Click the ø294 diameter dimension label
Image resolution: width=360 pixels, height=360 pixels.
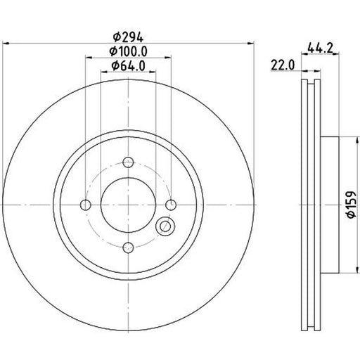pyautogui.click(x=128, y=37)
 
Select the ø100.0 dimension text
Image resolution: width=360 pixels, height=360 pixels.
pyautogui.click(x=128, y=51)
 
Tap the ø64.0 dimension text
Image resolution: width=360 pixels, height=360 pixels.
pyautogui.click(x=128, y=65)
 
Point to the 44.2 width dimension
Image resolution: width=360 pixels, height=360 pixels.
pyautogui.click(x=320, y=48)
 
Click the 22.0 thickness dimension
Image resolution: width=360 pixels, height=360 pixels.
pyautogui.click(x=283, y=65)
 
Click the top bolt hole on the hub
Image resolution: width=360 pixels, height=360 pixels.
pyautogui.click(x=128, y=162)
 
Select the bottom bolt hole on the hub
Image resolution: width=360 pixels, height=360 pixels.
pyautogui.click(x=128, y=247)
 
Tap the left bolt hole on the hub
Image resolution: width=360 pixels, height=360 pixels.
pyautogui.click(x=86, y=205)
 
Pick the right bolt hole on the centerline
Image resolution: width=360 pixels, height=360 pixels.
pyautogui.click(x=171, y=205)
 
